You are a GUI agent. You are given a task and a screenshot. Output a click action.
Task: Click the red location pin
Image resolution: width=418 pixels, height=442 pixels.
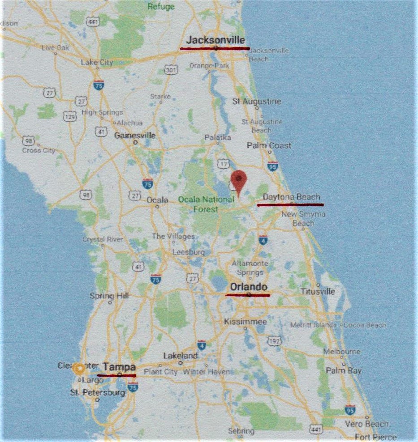[240, 180]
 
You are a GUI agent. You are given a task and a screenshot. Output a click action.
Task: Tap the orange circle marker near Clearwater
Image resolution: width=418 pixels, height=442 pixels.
[79, 369]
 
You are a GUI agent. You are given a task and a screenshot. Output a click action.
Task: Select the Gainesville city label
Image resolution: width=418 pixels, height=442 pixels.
[135, 135]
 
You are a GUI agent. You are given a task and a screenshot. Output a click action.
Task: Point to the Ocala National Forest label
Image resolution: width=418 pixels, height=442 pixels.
[206, 204]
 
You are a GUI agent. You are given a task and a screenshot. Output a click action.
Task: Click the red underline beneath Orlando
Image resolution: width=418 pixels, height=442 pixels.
[247, 295]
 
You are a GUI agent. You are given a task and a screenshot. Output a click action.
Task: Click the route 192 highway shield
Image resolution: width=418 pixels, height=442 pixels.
[274, 341]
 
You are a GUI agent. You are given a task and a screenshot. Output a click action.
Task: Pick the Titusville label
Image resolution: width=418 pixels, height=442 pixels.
[318, 292]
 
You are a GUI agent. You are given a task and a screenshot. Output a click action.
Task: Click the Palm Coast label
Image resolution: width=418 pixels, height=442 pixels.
[269, 145]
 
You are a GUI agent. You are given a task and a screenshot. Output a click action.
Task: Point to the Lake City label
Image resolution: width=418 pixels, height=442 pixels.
[97, 63]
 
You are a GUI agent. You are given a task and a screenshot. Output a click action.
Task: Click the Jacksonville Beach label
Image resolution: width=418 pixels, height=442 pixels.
[268, 55]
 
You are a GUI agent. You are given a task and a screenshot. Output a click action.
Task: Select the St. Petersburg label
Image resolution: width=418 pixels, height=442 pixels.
[97, 393]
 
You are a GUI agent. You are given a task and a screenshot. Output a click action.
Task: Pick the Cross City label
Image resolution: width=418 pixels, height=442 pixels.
[39, 150]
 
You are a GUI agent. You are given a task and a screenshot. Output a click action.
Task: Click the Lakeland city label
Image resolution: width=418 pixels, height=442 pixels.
[180, 356]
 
